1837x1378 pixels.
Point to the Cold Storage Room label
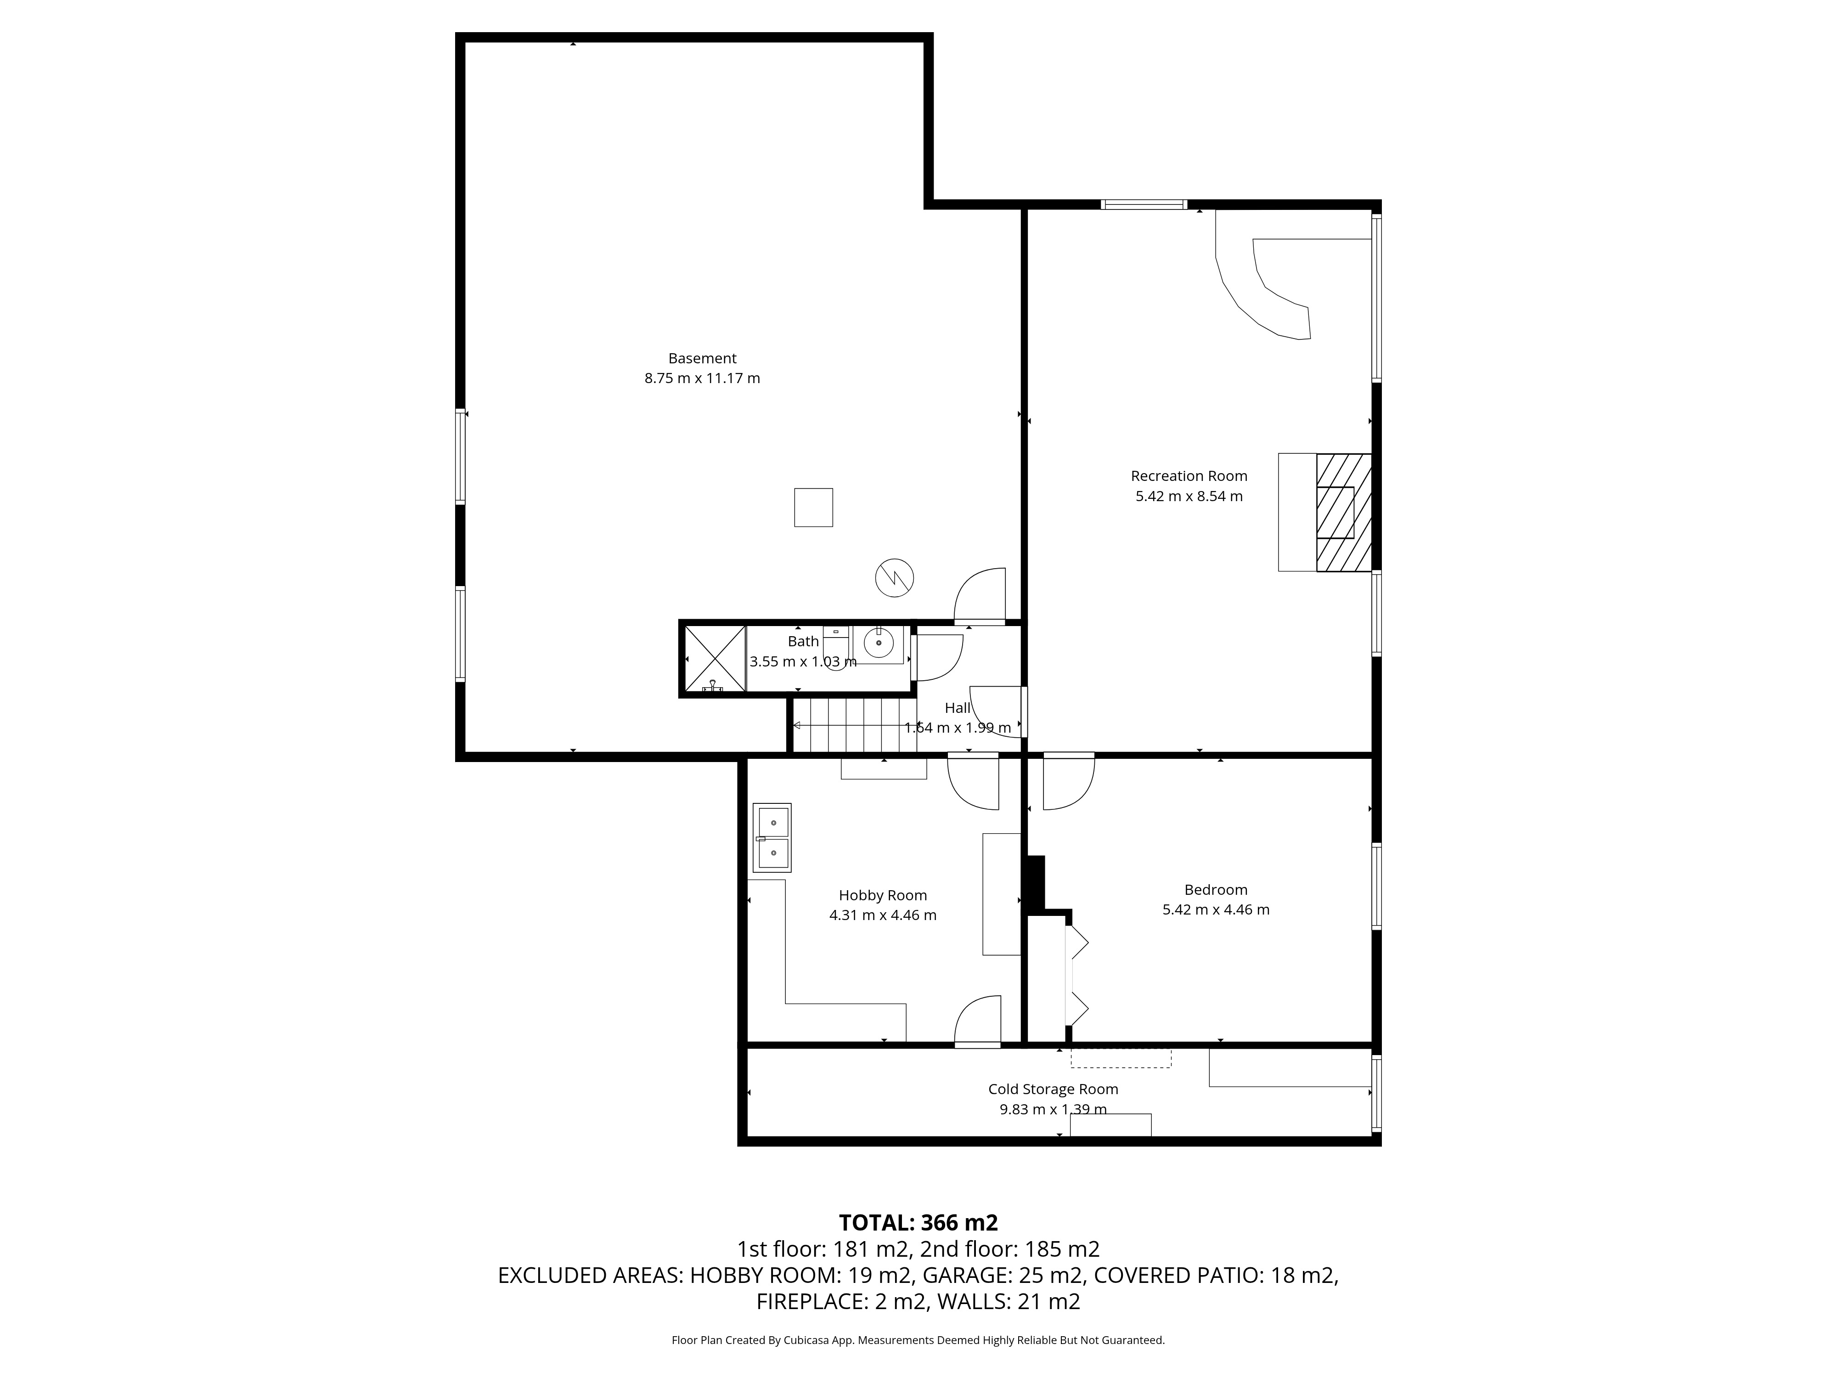1053,1089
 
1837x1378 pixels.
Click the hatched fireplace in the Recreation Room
1343,513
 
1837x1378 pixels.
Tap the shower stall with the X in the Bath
714,659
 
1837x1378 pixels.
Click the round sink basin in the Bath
878,643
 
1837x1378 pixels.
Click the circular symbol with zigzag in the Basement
895,577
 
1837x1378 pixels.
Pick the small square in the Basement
813,508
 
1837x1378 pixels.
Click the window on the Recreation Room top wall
1144,204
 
